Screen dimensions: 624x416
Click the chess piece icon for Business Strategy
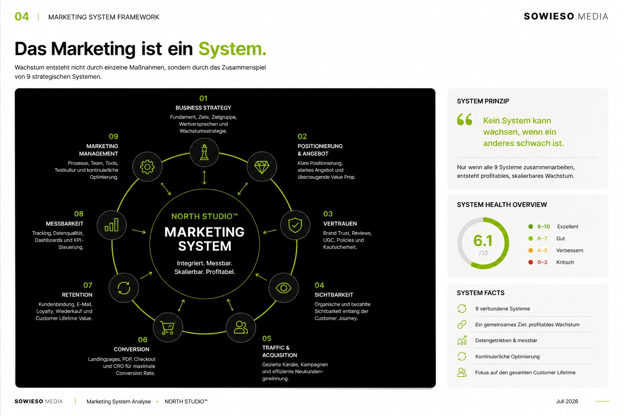coord(204,152)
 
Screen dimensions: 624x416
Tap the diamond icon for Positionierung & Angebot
coord(262,167)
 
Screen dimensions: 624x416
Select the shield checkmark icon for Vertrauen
coord(295,225)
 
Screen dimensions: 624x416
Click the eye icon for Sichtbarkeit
coord(283,288)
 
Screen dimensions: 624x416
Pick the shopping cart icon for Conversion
coord(167,327)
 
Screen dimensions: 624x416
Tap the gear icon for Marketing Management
coord(147,167)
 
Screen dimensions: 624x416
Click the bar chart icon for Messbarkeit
coord(111,225)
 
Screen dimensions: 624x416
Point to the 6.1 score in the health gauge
coord(483,240)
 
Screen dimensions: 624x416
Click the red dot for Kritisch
coord(531,262)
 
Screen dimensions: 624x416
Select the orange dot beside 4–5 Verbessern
coord(531,250)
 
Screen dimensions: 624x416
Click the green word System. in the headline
coord(232,49)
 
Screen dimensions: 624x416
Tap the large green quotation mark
coord(464,119)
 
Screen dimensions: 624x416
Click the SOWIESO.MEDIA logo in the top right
coord(565,16)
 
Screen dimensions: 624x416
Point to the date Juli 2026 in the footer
coord(567,401)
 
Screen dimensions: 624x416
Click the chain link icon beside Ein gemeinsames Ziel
coord(461,324)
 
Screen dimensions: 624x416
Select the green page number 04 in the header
coord(22,17)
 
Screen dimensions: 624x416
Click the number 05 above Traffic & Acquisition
coord(266,338)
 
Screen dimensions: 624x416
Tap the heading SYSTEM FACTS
coord(481,293)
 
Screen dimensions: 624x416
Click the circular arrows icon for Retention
coord(123,288)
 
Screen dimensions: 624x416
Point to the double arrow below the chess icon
coord(204,178)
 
